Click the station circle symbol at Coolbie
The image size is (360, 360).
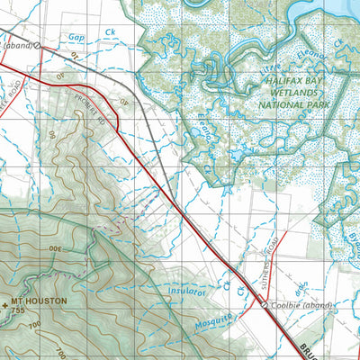coord(264,305)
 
